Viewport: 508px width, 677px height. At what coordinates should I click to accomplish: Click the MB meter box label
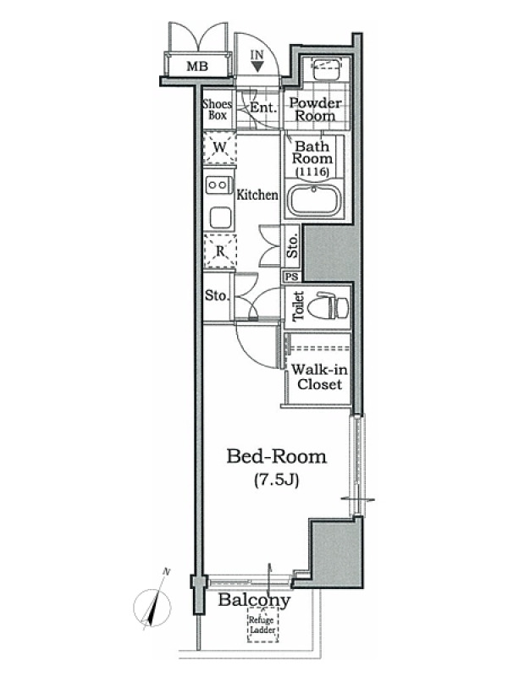[197, 66]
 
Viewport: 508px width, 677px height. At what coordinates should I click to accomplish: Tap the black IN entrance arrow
[257, 66]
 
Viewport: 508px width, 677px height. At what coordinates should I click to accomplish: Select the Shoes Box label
[218, 109]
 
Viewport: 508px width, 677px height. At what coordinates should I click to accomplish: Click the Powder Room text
[315, 109]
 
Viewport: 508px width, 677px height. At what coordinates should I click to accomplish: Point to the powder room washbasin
[327, 68]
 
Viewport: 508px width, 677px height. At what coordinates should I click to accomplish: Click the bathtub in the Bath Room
[315, 201]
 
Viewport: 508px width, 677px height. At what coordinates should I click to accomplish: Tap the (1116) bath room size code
[312, 172]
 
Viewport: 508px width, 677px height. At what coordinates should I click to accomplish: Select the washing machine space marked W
[220, 147]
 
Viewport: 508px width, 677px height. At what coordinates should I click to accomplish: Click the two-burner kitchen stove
[218, 185]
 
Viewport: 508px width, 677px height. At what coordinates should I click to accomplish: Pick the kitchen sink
[220, 217]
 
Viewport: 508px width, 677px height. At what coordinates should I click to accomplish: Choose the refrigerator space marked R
[220, 251]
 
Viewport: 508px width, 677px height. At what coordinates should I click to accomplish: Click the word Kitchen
[257, 195]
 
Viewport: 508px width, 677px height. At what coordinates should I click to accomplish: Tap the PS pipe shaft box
[292, 278]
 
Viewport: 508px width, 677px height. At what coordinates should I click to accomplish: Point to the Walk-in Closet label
[319, 377]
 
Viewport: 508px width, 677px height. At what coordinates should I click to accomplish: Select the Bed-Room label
[277, 456]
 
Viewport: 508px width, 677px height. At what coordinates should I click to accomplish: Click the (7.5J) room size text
[277, 480]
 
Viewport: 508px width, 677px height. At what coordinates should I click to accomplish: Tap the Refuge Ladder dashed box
[262, 625]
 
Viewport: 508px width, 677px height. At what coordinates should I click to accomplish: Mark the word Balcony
[254, 600]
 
